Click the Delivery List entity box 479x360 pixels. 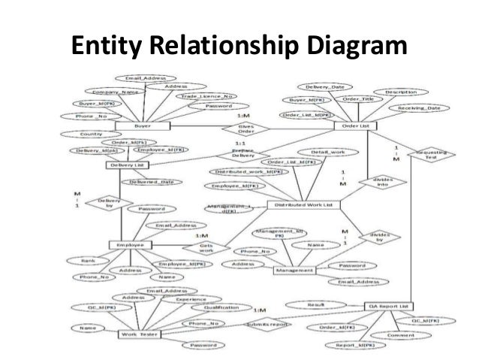[x=126, y=165]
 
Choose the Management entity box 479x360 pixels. [x=299, y=268]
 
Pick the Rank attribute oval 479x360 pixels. [x=88, y=261]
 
